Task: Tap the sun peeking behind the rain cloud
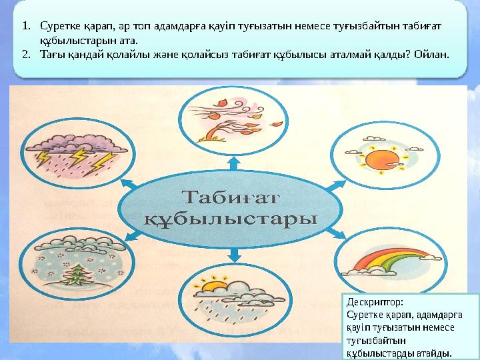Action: pos(211,287)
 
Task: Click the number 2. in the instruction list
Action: pos(25,53)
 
